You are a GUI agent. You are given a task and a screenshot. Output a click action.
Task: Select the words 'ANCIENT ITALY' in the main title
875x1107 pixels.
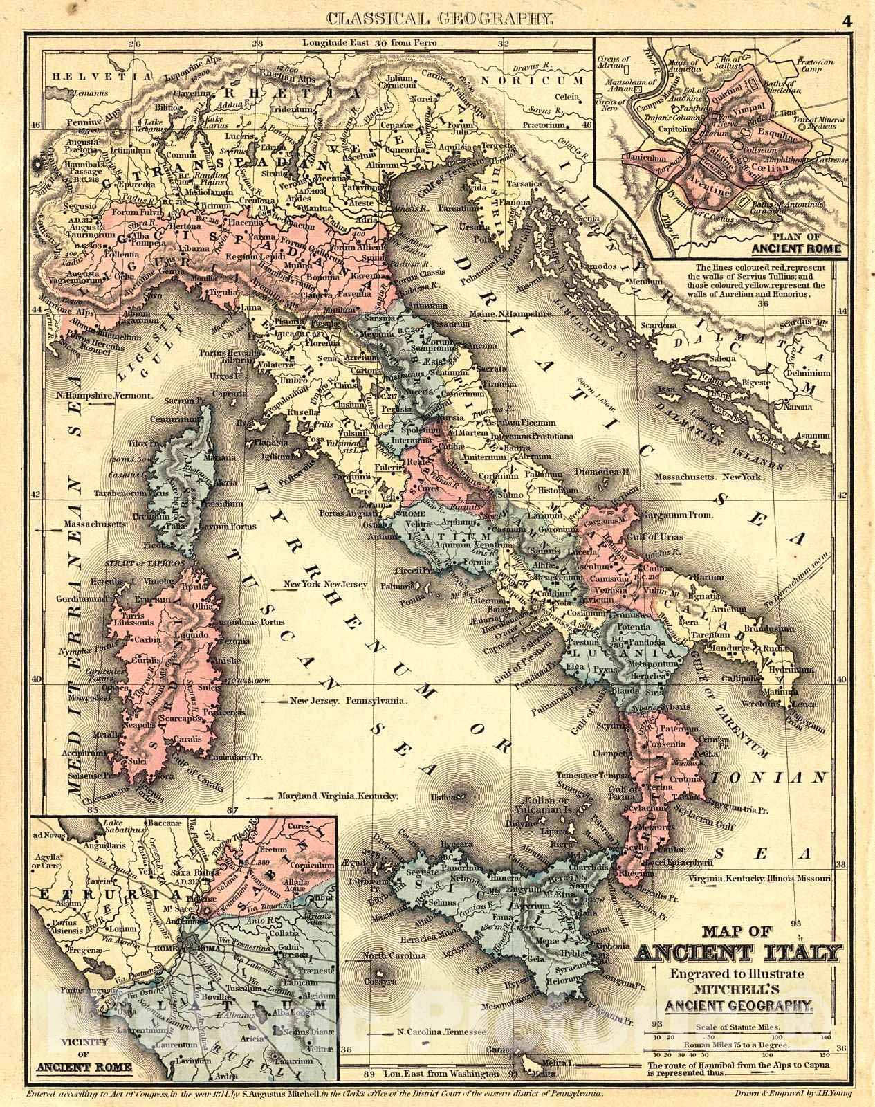click(738, 955)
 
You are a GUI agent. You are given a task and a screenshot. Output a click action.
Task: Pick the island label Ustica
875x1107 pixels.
click(445, 798)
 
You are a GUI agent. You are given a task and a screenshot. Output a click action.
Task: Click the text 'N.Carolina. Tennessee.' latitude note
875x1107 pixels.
click(443, 1051)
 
